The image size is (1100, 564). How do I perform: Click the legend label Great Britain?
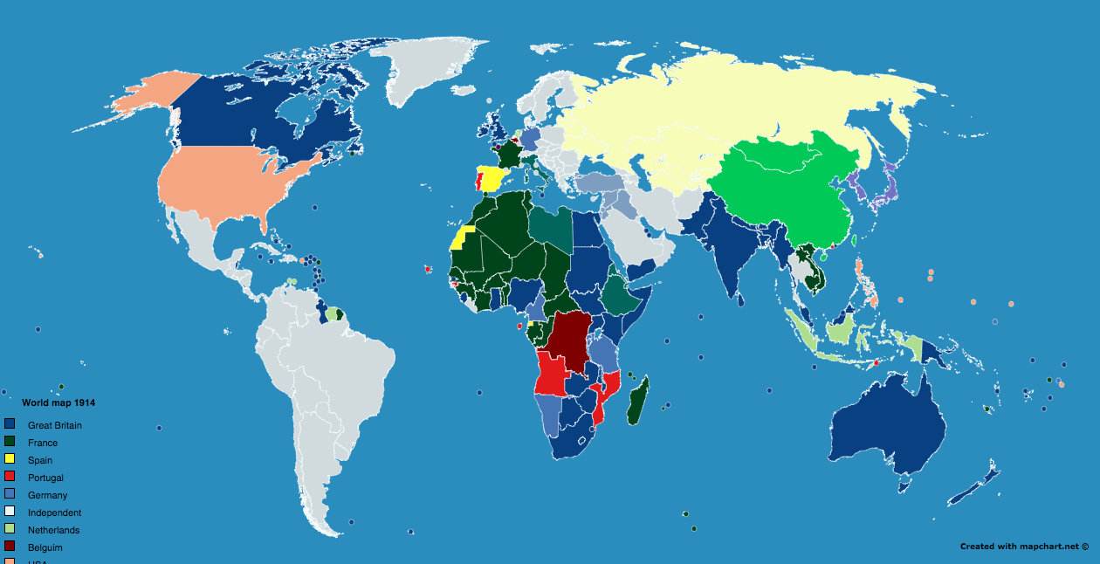point(55,425)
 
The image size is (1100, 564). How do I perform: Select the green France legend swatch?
point(10,442)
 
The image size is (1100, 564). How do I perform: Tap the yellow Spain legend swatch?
point(10,459)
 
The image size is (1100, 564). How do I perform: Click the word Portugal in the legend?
point(45,478)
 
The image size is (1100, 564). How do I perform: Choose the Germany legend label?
point(47,495)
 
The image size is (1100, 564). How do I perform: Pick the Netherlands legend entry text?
point(53,530)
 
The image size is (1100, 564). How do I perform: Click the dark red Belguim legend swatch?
point(10,547)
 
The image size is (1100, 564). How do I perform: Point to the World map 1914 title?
point(58,402)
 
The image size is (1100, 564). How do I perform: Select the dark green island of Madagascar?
point(640,401)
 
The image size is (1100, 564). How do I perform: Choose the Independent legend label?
point(54,512)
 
